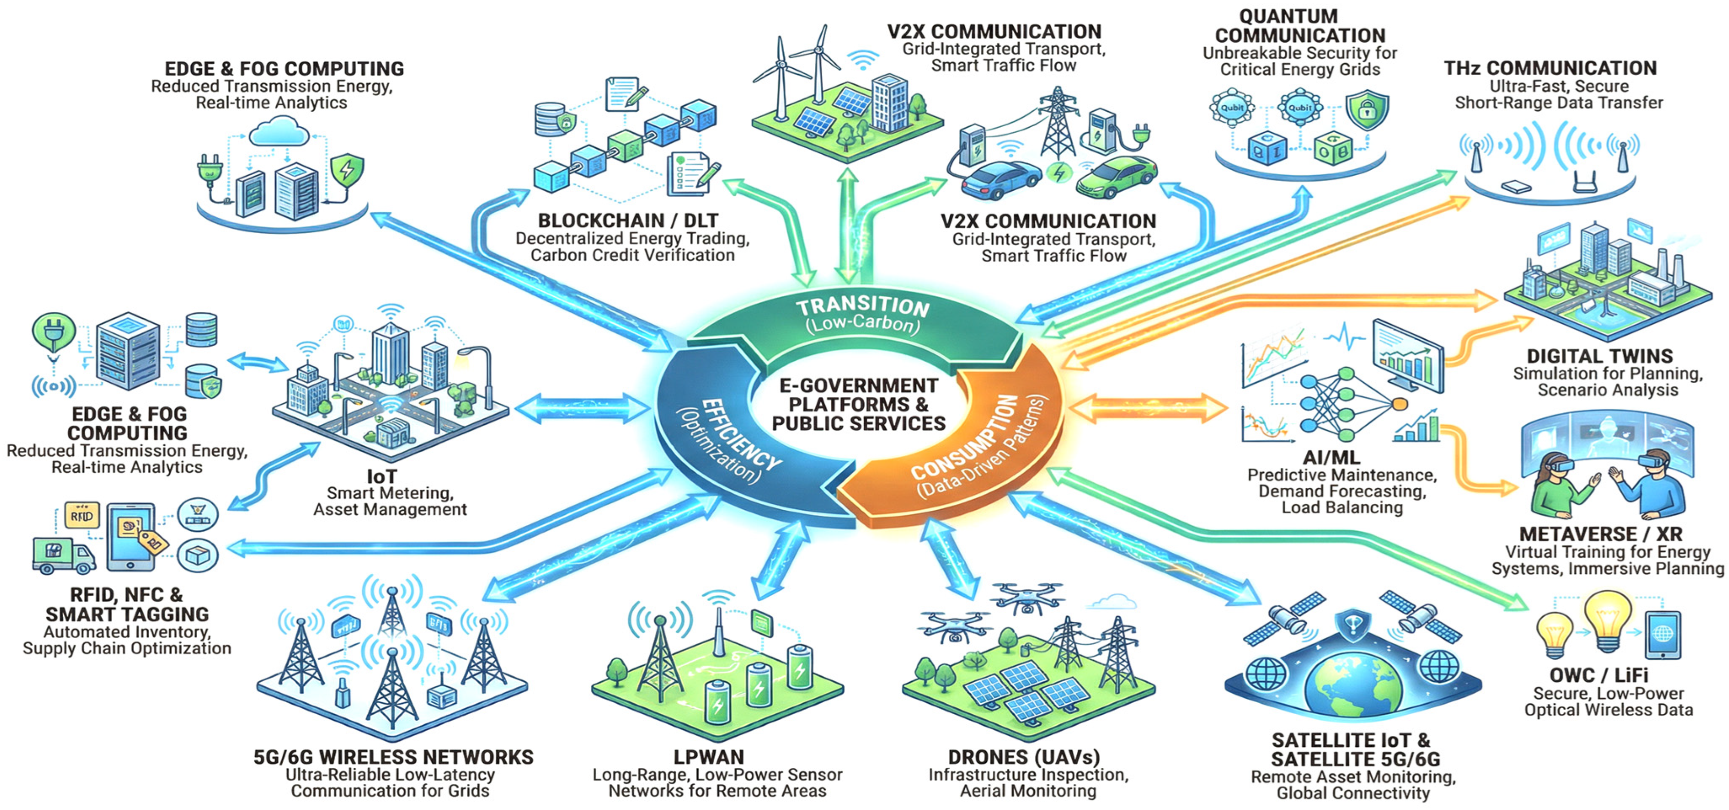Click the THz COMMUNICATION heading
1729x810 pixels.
coord(1550,68)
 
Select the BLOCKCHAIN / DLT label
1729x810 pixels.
coord(628,221)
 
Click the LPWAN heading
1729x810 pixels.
coord(709,757)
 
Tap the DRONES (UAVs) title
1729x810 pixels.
coord(1024,757)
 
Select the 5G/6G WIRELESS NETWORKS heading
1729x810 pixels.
coord(393,757)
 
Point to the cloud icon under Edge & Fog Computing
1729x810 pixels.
coord(278,131)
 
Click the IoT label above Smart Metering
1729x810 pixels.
coord(381,476)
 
